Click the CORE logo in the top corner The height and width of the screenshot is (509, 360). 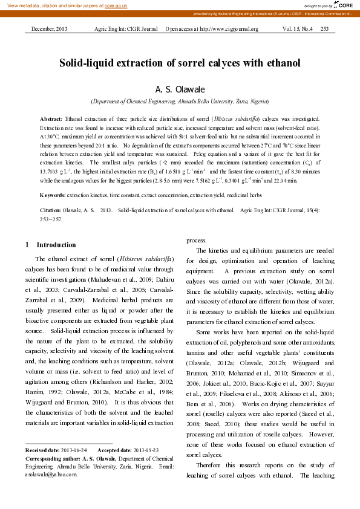coord(345,5)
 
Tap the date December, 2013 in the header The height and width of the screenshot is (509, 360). coord(49,29)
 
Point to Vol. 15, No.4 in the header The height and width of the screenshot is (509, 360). coord(298,29)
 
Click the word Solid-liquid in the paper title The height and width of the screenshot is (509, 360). coord(88,63)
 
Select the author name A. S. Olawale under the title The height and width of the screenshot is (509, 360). coord(180,89)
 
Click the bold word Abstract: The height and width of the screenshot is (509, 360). coord(51,120)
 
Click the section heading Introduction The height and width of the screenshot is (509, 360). coord(56,245)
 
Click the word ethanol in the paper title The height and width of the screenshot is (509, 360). coord(282,63)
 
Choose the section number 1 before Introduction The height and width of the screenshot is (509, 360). coord(27,245)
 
